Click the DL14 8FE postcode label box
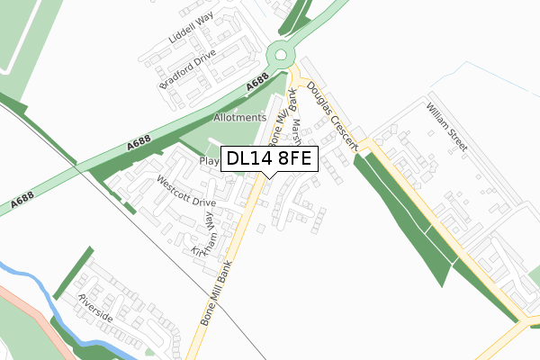pos(269,159)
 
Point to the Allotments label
pos(239,118)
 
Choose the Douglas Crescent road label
pos(331,114)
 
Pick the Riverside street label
pos(94,308)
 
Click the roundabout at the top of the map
pos(283,54)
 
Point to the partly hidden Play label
pos(210,162)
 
